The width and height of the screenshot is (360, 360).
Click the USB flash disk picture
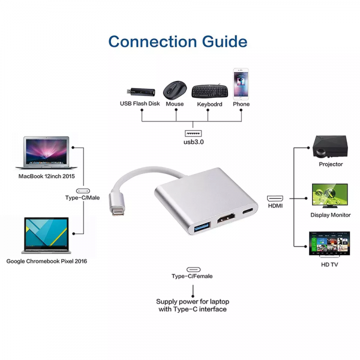pyautogui.click(x=141, y=92)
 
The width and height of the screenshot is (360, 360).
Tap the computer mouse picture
pyautogui.click(x=175, y=90)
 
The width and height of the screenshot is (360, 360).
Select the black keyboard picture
pyautogui.click(x=210, y=91)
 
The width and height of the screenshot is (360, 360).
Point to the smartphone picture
pyautogui.click(x=241, y=84)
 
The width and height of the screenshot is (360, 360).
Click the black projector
pyautogui.click(x=330, y=147)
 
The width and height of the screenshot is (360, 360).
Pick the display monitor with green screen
pyautogui.click(x=330, y=196)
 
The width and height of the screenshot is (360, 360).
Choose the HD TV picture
pyautogui.click(x=329, y=244)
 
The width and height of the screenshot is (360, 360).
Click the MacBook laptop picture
pyautogui.click(x=46, y=153)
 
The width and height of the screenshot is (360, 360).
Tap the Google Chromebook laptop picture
pyautogui.click(x=46, y=236)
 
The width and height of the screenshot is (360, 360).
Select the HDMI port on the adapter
pyautogui.click(x=226, y=218)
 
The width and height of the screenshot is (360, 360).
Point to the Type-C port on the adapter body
pyautogui.click(x=248, y=211)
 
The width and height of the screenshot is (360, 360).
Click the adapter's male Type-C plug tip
pyautogui.click(x=118, y=211)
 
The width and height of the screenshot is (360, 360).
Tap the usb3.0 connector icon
pyautogui.click(x=193, y=133)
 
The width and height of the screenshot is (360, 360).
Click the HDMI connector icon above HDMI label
pyautogui.click(x=275, y=199)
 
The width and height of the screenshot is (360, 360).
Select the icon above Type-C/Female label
pyautogui.click(x=193, y=269)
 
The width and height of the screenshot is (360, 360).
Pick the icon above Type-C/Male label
pyautogui.click(x=83, y=191)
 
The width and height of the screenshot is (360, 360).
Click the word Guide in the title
pyautogui.click(x=224, y=41)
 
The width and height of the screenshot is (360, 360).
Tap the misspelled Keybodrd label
pyautogui.click(x=209, y=104)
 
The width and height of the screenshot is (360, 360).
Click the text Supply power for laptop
pyautogui.click(x=193, y=301)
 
